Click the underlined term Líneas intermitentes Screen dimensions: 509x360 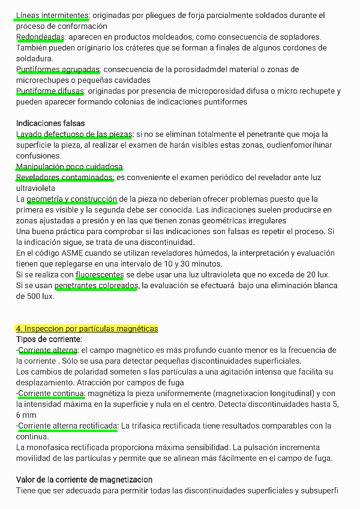click(53, 15)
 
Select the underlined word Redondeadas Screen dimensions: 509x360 click(40, 37)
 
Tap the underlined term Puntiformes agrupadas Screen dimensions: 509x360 click(58, 70)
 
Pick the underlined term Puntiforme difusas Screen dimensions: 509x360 click(51, 91)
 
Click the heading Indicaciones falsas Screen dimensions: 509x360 click(50, 123)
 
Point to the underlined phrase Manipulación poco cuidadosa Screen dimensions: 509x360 click(70, 166)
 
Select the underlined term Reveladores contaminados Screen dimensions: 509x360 click(65, 177)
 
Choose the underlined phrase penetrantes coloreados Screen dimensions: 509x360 click(96, 285)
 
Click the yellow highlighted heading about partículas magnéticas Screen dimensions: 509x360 click(87, 328)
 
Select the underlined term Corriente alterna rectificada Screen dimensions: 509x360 click(68, 426)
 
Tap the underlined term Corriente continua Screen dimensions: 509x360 click(51, 393)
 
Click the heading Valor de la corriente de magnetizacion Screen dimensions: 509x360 click(84, 480)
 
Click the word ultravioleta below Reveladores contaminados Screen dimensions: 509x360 click(35, 188)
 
